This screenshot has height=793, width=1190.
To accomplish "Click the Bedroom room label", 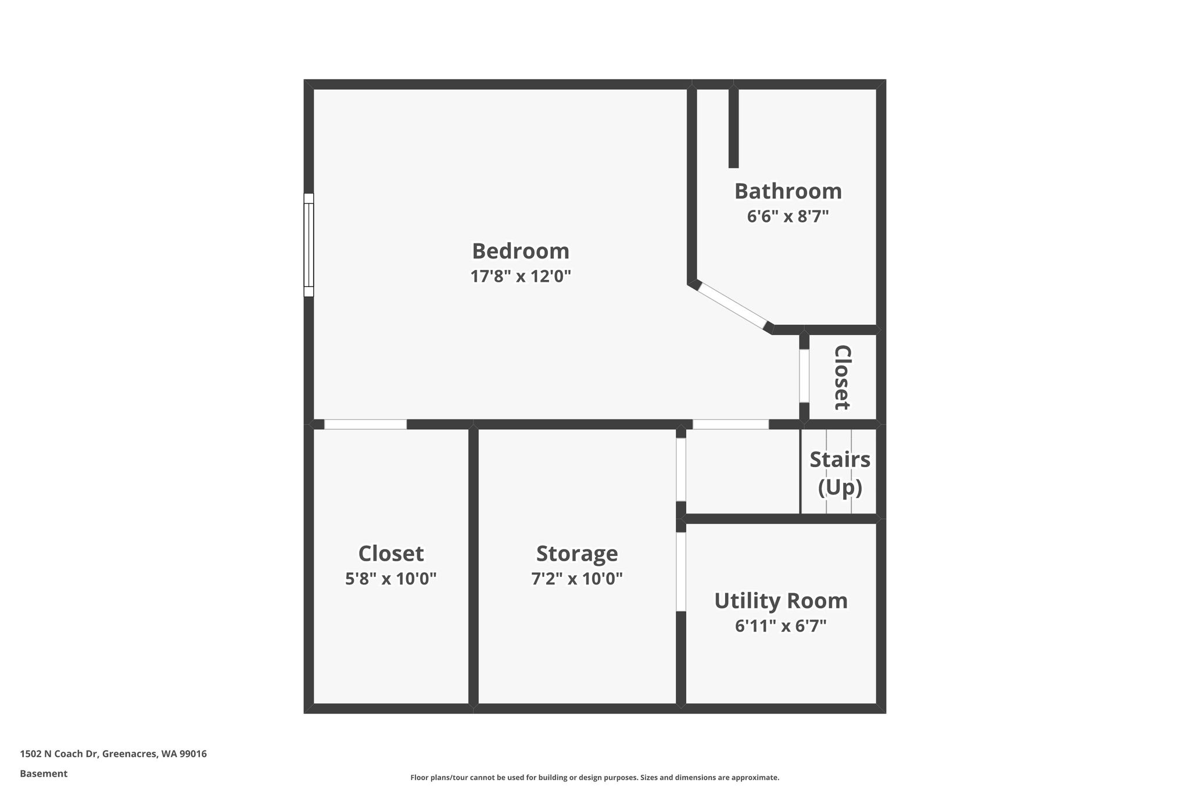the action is coord(521,251).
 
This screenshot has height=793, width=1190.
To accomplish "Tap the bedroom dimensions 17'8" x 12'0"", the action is coord(521,276).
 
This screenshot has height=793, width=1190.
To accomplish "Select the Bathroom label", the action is coord(788,191).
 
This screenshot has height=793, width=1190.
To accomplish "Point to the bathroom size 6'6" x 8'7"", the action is coord(788,216).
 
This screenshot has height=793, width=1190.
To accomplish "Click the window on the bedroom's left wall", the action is coord(309,245).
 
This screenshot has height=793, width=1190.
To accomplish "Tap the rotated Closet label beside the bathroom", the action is coord(843,378).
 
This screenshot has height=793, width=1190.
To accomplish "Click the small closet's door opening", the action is coord(804,376).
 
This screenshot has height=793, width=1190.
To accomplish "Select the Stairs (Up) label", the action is coord(840,473).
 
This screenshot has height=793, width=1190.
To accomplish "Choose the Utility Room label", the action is coord(781,601).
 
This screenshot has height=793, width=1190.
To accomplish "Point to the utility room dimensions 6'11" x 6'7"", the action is coord(781,626).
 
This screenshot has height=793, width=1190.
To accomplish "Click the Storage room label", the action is coord(577,554).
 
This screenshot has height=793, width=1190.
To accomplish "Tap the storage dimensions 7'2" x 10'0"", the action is coord(577,579).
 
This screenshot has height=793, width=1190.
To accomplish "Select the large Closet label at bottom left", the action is coord(391,554).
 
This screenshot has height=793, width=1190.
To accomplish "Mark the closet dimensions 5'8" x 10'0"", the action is coord(391,579).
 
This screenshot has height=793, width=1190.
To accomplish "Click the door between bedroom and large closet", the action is coord(365,424).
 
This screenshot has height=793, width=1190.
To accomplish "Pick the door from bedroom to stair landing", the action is coord(730,424).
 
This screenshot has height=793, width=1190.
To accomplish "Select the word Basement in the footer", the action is coord(44,774).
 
